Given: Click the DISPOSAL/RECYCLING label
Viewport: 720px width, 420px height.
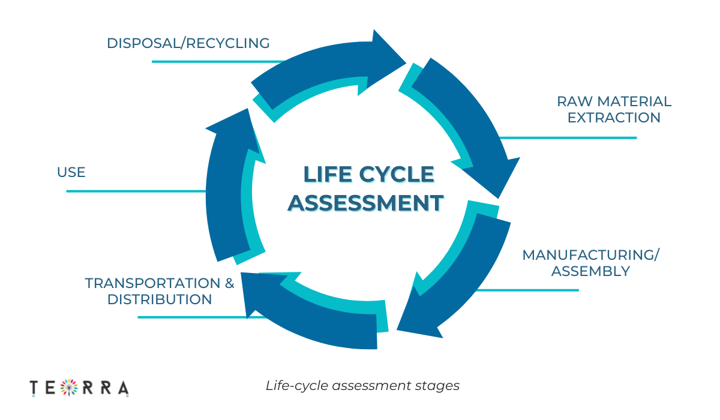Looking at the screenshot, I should coord(188,43).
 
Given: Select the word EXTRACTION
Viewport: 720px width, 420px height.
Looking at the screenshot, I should coord(614,118).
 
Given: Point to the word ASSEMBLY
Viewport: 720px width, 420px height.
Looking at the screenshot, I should coord(590,271).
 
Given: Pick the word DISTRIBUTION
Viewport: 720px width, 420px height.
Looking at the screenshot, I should coord(160,299).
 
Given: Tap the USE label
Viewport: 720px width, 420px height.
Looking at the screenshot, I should coord(71,173).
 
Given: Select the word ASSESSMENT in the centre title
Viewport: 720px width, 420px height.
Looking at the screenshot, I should coord(366,203).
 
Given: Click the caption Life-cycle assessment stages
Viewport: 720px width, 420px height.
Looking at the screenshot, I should coord(362,386).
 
